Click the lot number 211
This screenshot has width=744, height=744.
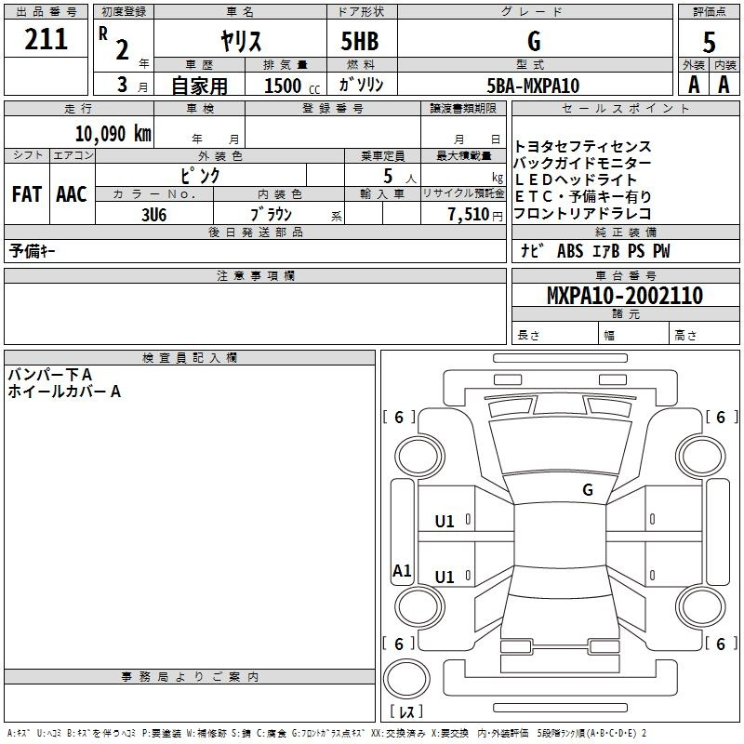[x=46, y=39]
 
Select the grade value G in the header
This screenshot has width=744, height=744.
[x=534, y=41]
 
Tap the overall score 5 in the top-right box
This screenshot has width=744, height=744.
[x=709, y=43]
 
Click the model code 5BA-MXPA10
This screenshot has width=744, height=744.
[x=533, y=86]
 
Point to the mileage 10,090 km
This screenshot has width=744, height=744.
[x=113, y=134]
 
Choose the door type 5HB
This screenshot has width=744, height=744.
[x=360, y=41]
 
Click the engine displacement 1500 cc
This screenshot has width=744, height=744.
[x=292, y=86]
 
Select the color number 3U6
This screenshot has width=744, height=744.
[x=153, y=215]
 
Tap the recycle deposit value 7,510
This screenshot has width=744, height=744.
[x=469, y=215]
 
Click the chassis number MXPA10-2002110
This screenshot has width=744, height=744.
[x=625, y=296]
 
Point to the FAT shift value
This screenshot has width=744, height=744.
[x=27, y=194]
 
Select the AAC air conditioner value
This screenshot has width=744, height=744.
[x=72, y=194]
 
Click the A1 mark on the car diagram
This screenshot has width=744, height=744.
[x=402, y=571]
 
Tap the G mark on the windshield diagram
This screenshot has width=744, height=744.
[x=588, y=490]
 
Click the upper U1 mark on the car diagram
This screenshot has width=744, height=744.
[x=445, y=522]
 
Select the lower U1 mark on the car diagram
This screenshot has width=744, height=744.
[x=445, y=577]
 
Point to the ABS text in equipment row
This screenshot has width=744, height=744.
[x=570, y=251]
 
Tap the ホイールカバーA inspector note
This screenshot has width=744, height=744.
[x=64, y=392]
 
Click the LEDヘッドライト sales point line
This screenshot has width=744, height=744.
[x=576, y=179]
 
